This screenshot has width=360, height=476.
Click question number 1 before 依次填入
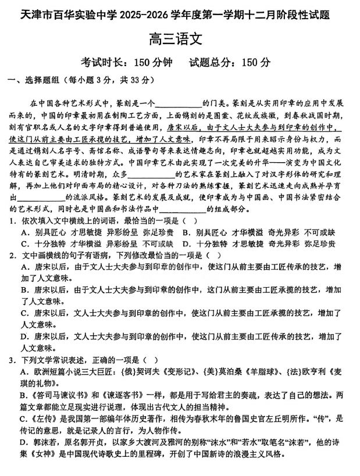11,221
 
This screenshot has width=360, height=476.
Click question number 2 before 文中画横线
11,255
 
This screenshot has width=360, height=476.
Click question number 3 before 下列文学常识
11,360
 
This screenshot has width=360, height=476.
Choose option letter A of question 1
24,232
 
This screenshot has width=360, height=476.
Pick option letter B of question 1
184,232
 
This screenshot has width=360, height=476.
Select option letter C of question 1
24,244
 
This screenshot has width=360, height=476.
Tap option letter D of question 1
184,244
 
